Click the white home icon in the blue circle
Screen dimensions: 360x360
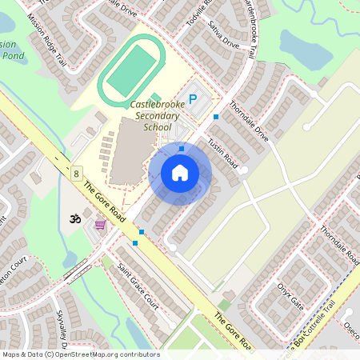pos(180,173)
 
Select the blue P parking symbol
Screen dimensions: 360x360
pos(192,100)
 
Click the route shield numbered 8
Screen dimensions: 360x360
pos(76,173)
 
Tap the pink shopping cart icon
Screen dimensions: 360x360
pos(100,226)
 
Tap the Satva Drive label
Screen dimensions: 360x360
pos(225,36)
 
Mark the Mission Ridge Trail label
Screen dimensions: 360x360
pos(47,41)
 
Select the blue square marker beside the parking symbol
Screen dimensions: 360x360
pos(215,117)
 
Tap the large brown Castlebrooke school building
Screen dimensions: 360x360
pos(130,151)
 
